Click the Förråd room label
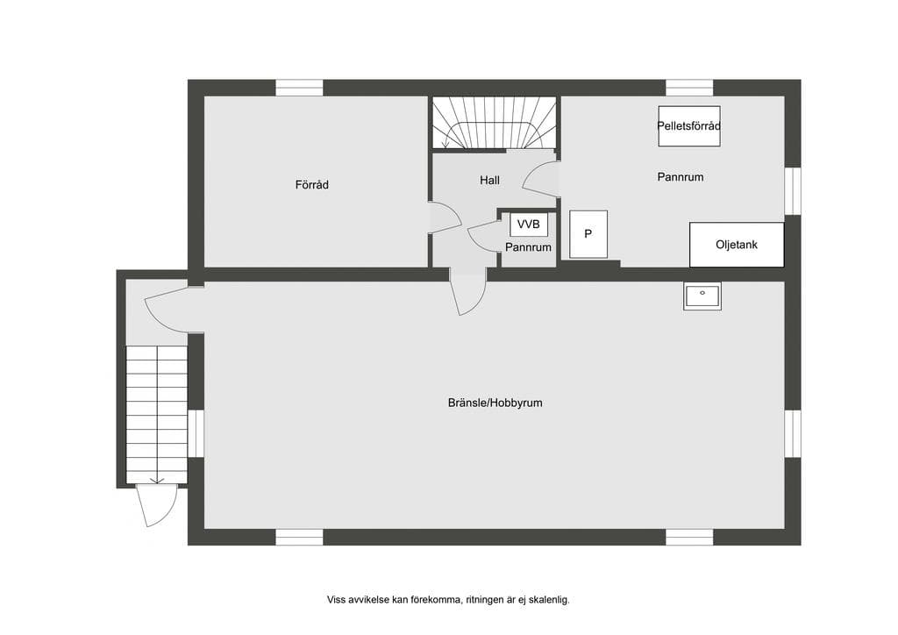point(311,184)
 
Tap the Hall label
point(489,180)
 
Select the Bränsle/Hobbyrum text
point(495,403)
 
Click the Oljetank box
point(737,245)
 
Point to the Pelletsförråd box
point(689,126)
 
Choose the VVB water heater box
point(529,225)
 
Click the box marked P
point(588,234)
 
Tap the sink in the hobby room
point(702,296)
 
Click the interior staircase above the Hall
point(494,123)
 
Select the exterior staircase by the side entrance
point(156,415)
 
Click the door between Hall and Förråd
point(445,218)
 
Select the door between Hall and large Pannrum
point(540,179)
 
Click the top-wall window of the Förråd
point(300,88)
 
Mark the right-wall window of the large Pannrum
point(793,191)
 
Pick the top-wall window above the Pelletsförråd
point(689,88)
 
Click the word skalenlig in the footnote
point(549,600)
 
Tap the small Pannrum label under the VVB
point(528,247)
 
